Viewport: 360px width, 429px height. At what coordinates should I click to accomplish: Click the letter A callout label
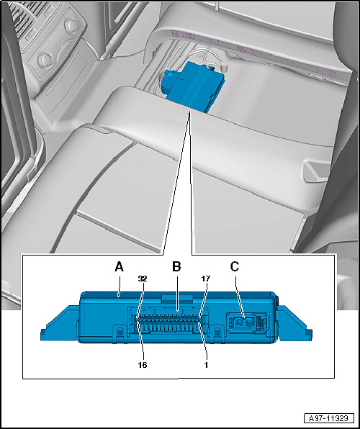pyautogui.click(x=119, y=267)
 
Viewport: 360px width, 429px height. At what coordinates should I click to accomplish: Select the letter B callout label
pyautogui.click(x=176, y=267)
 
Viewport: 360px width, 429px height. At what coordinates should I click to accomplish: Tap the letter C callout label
pyautogui.click(x=235, y=267)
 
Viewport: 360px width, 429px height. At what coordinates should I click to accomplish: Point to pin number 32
pyautogui.click(x=143, y=279)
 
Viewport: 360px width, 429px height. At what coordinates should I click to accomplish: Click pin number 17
pyautogui.click(x=206, y=279)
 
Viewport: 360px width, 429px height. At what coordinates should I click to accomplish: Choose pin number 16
pyautogui.click(x=143, y=365)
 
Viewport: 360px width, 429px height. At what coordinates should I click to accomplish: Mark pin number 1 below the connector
pyautogui.click(x=206, y=365)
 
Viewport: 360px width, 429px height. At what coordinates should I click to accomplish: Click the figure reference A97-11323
pyautogui.click(x=329, y=418)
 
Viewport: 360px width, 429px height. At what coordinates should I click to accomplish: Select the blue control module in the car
pyautogui.click(x=194, y=85)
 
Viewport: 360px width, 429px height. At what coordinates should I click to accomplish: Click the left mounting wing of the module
pyautogui.click(x=60, y=324)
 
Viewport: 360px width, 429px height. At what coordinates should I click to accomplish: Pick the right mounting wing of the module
pyautogui.click(x=294, y=324)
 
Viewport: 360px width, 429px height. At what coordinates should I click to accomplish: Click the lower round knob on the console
pyautogui.click(x=45, y=59)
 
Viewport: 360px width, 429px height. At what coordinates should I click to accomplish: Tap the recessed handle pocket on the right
pyautogui.click(x=315, y=170)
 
